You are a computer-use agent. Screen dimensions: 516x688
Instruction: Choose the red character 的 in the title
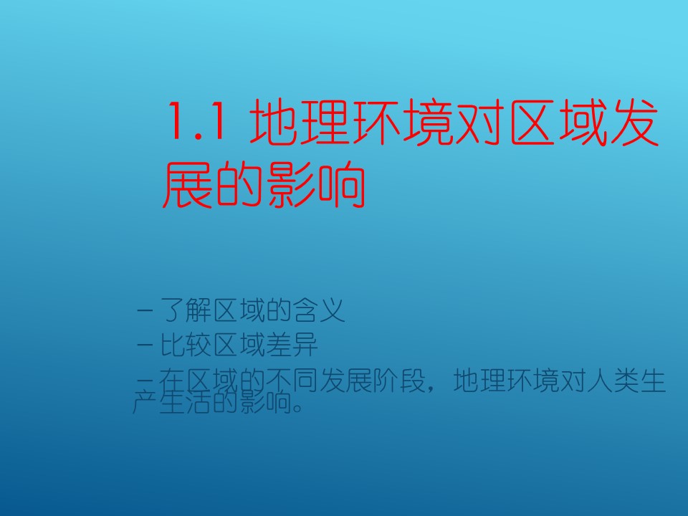[x=240, y=184]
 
